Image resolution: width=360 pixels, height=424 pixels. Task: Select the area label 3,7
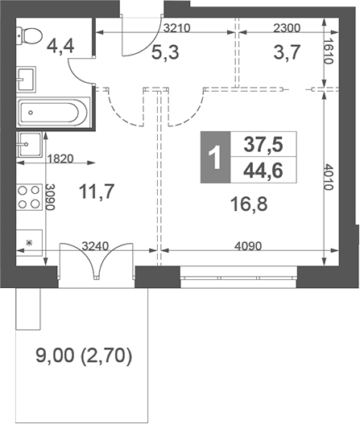pyautogui.click(x=269, y=56)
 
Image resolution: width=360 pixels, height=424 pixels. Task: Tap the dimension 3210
pyautogui.click(x=177, y=27)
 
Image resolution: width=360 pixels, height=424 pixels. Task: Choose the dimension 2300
pyautogui.click(x=286, y=27)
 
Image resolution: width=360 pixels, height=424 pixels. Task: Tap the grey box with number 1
pyautogui.click(x=213, y=155)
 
